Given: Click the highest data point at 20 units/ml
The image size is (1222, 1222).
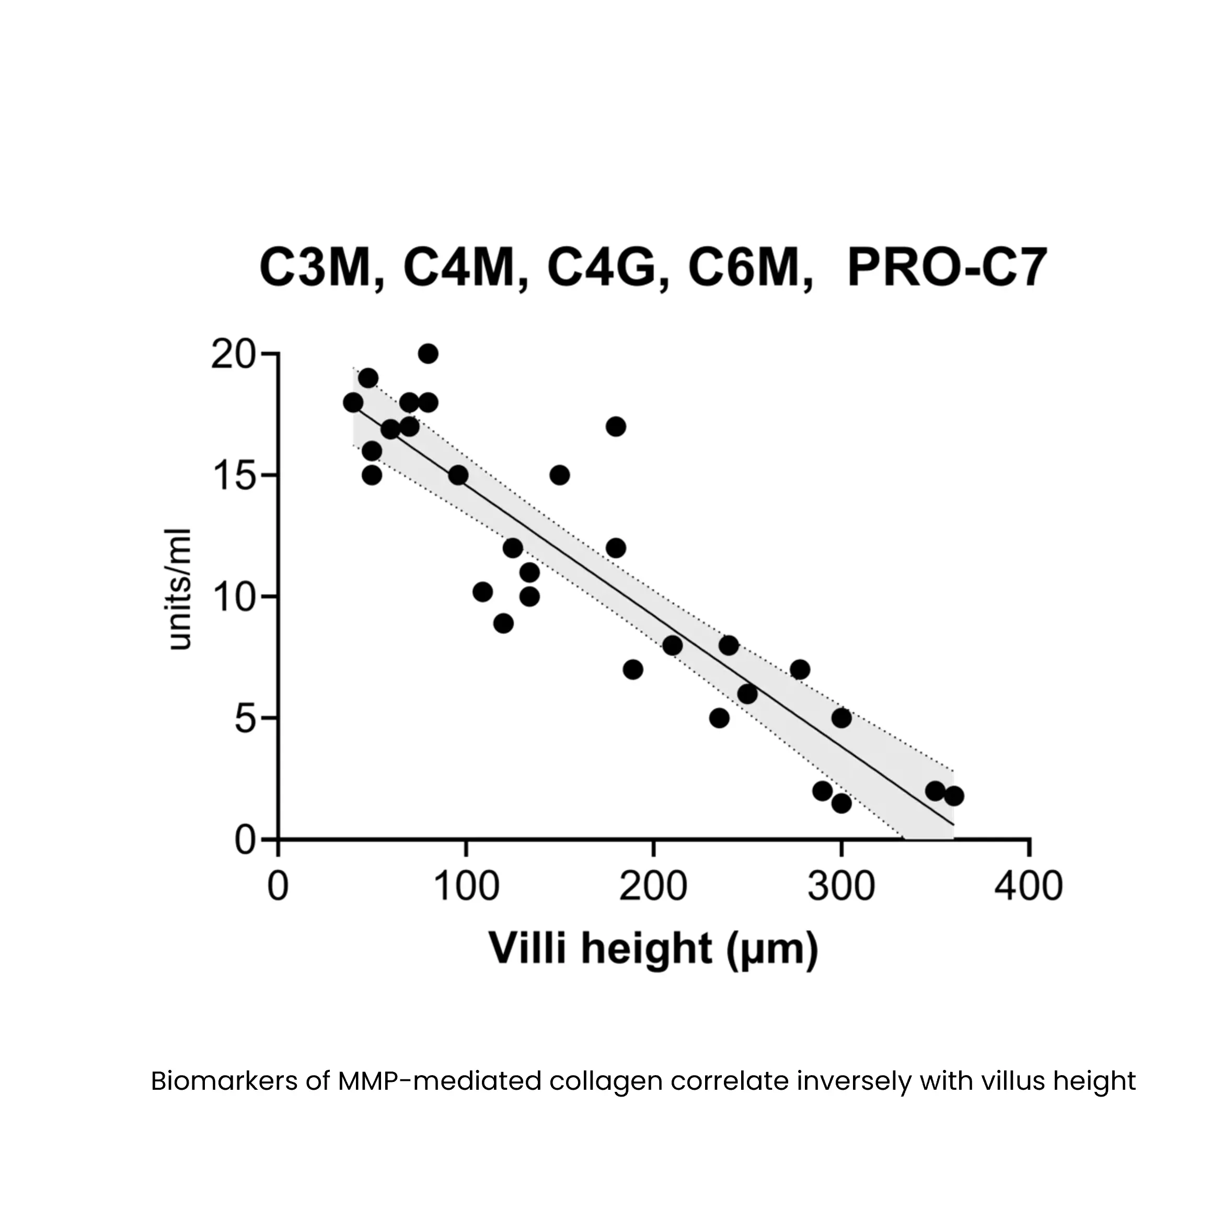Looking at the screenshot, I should point(428,353).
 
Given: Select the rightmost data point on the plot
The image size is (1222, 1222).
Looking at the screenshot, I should point(954,796).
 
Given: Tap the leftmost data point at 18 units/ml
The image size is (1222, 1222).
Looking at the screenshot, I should point(353,402).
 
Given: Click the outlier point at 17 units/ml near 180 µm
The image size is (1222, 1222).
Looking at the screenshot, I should point(615,427).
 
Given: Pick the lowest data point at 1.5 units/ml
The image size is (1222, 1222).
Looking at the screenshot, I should point(841,803).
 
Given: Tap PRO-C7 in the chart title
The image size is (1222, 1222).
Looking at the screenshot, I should point(947,268).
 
